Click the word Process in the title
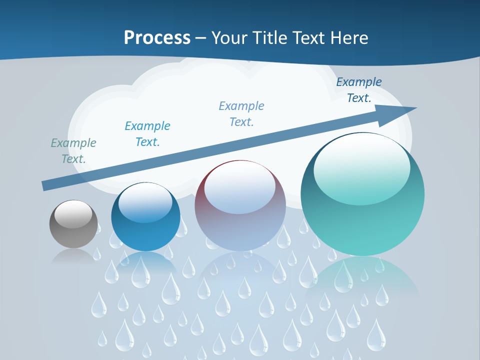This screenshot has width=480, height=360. [x=157, y=38]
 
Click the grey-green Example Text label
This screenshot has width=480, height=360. [x=73, y=151]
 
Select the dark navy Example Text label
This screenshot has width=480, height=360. [x=358, y=90]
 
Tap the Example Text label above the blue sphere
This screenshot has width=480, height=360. [x=147, y=134]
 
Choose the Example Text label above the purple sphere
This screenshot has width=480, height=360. [x=241, y=114]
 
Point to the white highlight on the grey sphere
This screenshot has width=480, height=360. [x=73, y=214]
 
